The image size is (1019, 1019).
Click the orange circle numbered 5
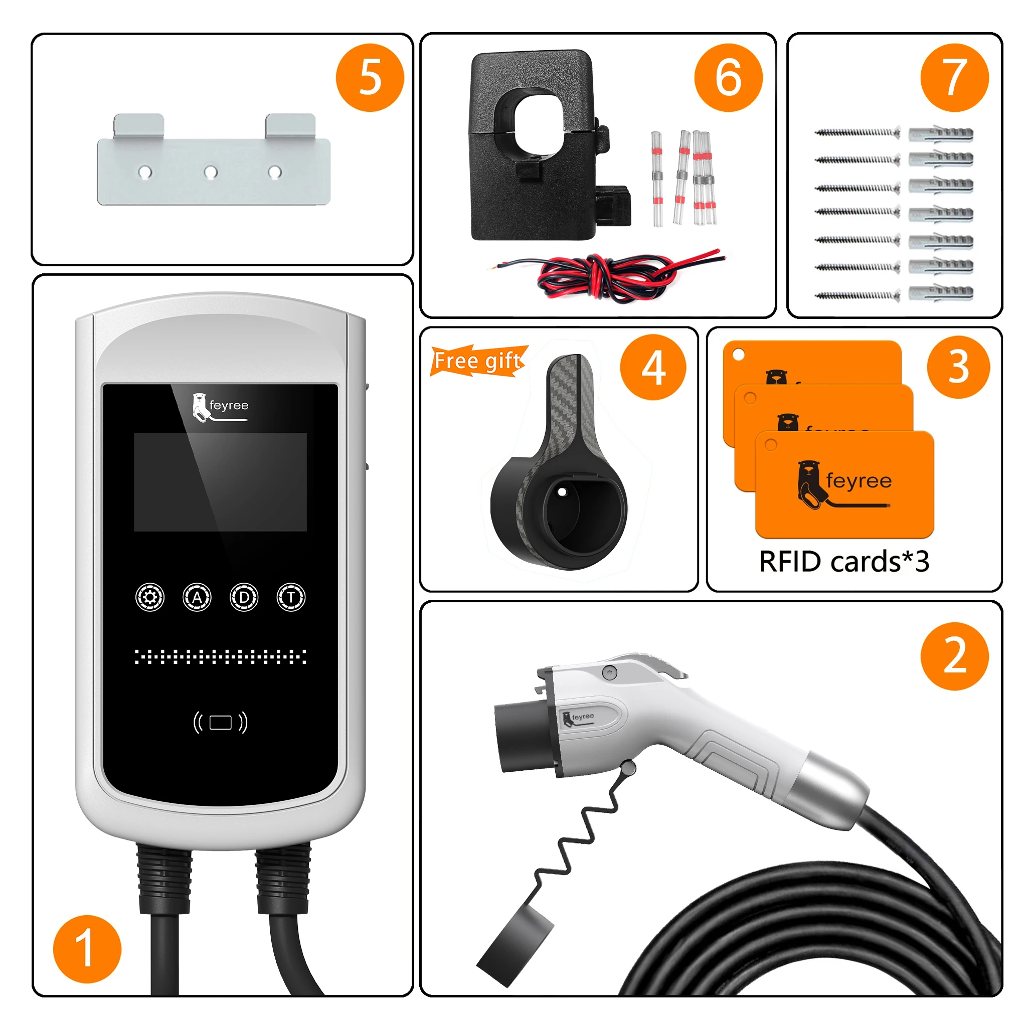click(x=370, y=78)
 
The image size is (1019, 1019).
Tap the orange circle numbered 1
click(x=87, y=949)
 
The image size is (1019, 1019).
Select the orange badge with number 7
click(x=954, y=78)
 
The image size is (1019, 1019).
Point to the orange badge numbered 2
click(x=954, y=656)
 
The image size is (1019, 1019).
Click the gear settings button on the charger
click(x=150, y=597)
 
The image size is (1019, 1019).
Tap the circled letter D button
click(x=244, y=597)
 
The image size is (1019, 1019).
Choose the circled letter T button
click(x=291, y=597)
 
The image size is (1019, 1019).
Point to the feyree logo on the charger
click(x=220, y=407)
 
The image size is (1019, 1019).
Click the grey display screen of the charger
click(x=221, y=482)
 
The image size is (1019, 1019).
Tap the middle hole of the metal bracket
click(x=211, y=172)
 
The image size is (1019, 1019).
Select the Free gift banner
click(x=478, y=361)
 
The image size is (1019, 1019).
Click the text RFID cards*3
click(x=844, y=561)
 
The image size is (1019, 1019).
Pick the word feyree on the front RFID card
click(x=859, y=480)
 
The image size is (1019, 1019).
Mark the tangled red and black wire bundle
click(x=607, y=276)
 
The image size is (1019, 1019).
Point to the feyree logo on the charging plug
click(x=579, y=718)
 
